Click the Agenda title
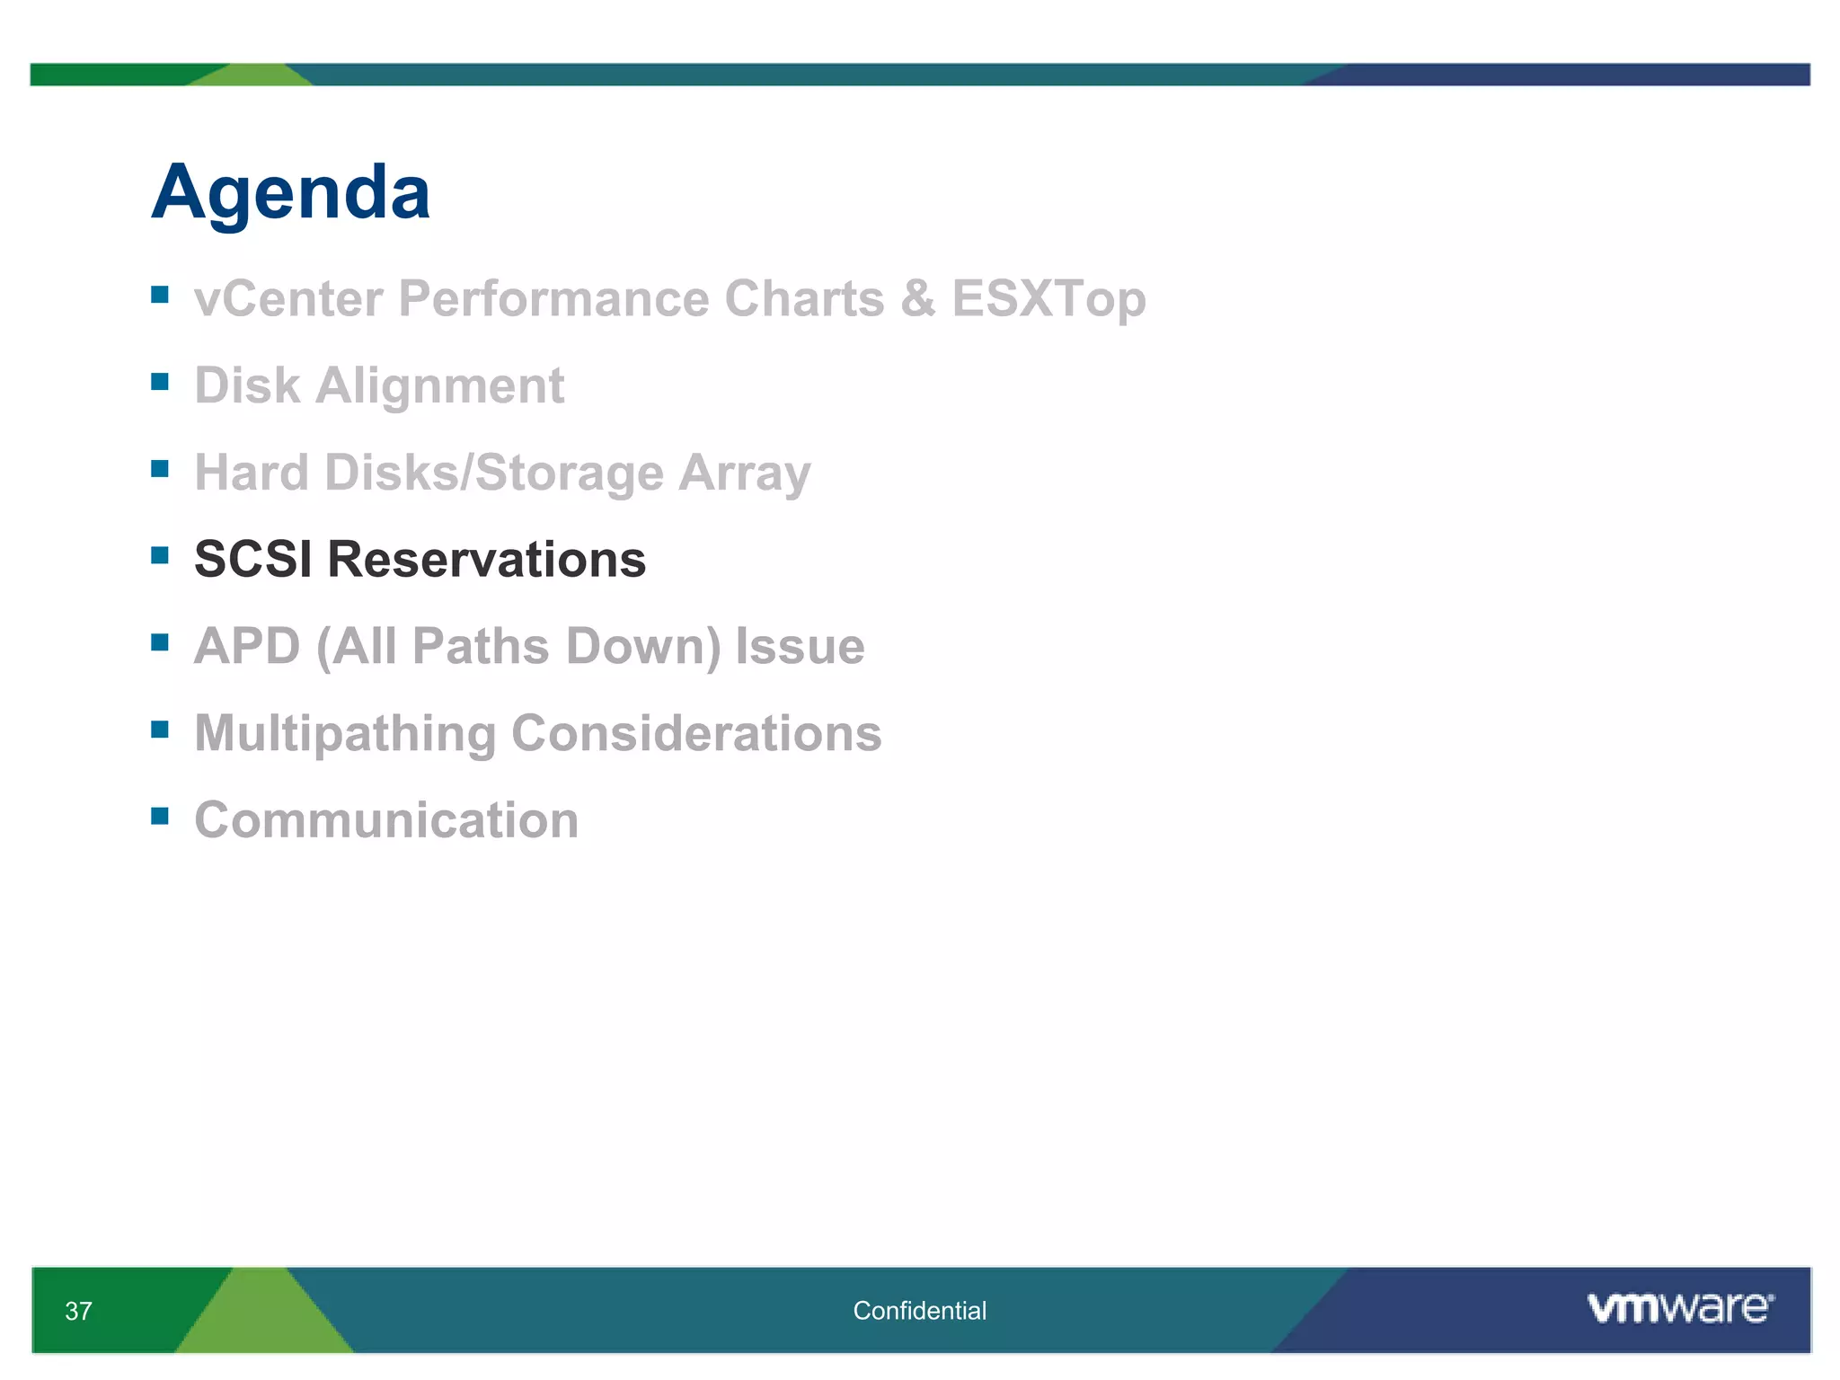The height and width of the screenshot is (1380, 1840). tap(290, 192)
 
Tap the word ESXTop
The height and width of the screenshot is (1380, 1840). tap(1048, 298)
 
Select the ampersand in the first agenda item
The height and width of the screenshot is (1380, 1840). tap(917, 298)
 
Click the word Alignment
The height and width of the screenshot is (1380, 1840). tap(439, 385)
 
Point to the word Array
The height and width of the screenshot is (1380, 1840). tap(744, 473)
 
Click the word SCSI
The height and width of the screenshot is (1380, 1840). tap(252, 559)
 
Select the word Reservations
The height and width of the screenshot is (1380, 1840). tap(486, 559)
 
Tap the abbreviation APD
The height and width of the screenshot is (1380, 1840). tap(247, 646)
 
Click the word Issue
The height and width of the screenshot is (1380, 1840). tap(800, 646)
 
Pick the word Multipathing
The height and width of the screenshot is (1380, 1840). tap(345, 734)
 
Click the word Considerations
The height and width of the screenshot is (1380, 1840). tap(696, 733)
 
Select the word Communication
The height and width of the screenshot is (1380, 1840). tap(386, 820)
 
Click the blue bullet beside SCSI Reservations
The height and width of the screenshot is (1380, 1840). tap(160, 555)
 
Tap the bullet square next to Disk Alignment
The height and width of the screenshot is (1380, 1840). tap(160, 382)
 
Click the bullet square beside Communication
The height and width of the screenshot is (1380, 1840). tap(160, 816)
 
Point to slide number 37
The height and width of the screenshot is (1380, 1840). tap(78, 1311)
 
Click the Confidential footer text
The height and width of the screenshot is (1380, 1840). tap(919, 1311)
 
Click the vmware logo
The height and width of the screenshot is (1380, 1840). tap(1679, 1308)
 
